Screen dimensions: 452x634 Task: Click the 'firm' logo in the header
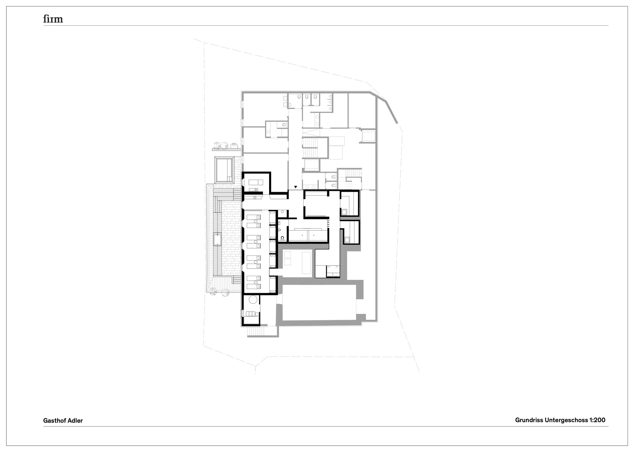(x=53, y=19)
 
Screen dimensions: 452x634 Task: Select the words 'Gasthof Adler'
(x=63, y=421)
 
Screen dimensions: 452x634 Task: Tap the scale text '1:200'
(x=597, y=420)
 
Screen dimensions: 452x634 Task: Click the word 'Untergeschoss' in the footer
(x=566, y=420)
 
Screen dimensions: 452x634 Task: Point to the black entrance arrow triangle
(x=296, y=187)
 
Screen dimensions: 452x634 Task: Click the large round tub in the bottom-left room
(x=253, y=299)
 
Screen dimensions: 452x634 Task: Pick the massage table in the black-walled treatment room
(x=256, y=182)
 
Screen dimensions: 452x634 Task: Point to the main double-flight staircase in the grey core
(x=311, y=148)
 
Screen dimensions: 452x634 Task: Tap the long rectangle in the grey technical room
(x=306, y=262)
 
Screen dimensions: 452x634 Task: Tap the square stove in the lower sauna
(x=346, y=240)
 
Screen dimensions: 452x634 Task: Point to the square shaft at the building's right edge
(x=368, y=136)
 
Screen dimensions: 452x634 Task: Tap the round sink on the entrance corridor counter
(x=255, y=197)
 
